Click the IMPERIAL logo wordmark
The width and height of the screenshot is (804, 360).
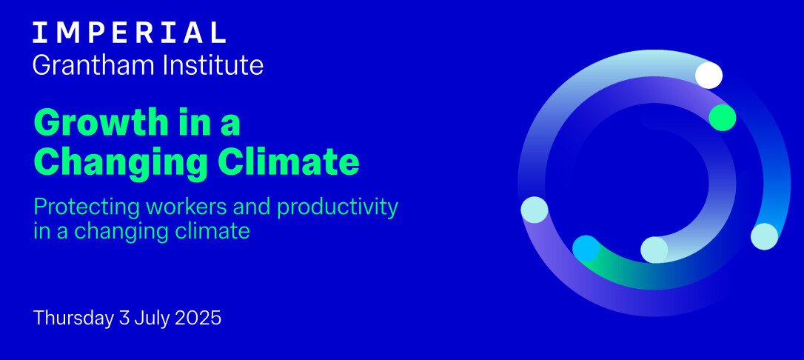(x=130, y=33)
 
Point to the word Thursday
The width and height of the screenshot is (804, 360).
(x=73, y=318)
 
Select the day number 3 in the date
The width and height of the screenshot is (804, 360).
(x=124, y=318)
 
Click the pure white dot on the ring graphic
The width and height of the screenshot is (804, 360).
(x=708, y=75)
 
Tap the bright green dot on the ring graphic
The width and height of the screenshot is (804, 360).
(x=723, y=118)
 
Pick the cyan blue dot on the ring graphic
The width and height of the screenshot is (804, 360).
(x=586, y=249)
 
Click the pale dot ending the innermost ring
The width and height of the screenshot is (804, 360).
(x=654, y=250)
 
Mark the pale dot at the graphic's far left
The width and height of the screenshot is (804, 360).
(x=535, y=210)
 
